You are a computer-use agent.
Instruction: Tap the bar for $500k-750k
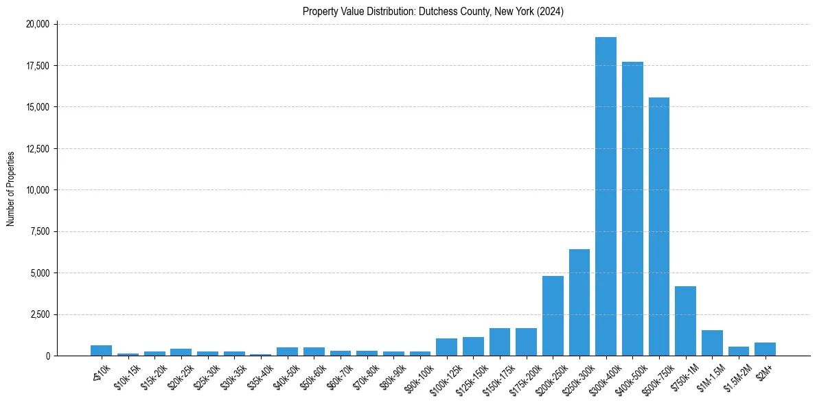pos(658,227)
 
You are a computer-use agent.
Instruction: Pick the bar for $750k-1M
pos(685,321)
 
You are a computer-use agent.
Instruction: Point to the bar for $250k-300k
pos(579,302)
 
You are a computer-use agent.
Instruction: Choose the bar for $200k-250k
pos(553,316)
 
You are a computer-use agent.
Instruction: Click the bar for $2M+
pos(765,349)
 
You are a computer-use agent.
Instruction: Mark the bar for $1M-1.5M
pos(712,343)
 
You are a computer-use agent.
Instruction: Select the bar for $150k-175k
pos(499,342)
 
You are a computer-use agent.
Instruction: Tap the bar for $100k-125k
pos(446,347)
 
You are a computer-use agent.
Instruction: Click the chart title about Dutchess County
pos(433,12)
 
